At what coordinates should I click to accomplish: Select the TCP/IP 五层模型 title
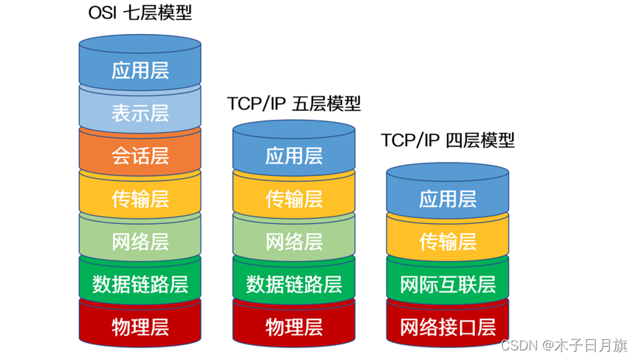294,103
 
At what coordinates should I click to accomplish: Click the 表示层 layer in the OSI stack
140,113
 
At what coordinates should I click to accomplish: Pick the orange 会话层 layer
140,156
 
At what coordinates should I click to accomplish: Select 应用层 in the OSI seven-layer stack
140,70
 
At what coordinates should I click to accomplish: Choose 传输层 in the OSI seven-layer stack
140,199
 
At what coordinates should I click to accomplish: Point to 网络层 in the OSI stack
140,242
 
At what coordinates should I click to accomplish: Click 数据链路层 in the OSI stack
140,284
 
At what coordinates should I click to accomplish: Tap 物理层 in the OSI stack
140,327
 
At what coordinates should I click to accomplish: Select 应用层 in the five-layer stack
294,156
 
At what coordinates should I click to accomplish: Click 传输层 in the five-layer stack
294,199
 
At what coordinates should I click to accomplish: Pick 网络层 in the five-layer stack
294,242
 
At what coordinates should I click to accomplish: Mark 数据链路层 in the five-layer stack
294,284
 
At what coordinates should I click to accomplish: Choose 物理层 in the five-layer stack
294,327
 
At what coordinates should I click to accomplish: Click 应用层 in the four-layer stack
448,199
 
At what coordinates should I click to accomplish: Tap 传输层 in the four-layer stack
448,242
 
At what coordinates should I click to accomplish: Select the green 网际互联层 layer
448,284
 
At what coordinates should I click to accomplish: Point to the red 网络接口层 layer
448,327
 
